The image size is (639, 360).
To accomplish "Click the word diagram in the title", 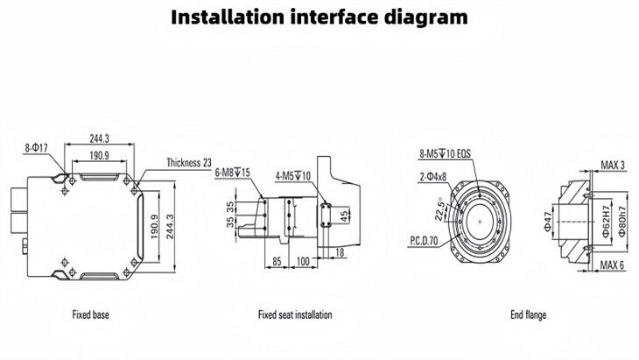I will pos(425,18).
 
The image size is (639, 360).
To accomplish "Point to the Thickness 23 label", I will pos(189,163).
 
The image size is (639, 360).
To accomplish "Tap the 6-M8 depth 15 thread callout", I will pos(233,173).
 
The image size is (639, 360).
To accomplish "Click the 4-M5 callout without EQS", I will pos(293,175).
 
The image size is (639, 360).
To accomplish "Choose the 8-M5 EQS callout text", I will pos(444,153).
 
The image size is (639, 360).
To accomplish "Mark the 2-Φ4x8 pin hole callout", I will pos(432,176).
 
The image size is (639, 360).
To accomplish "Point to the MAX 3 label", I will pos(613,165).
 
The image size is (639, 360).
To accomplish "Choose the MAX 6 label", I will pos(613,265).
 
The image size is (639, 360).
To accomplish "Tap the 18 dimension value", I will pos(340,252).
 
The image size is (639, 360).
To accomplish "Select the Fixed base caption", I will pos(90,314).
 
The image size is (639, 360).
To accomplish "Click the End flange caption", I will pos(529,314).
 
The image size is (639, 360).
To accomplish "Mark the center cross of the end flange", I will pos(480,221).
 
